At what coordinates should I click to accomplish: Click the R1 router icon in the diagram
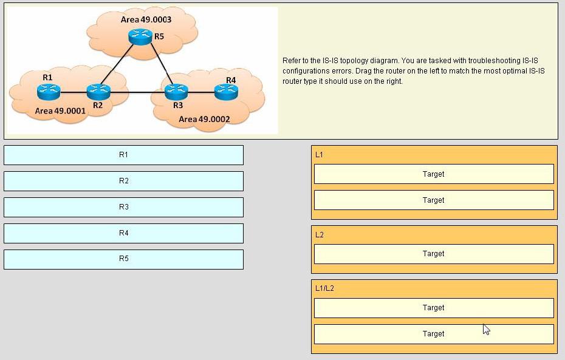(x=49, y=92)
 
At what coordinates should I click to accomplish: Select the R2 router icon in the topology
(x=98, y=92)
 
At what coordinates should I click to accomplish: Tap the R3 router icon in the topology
(x=176, y=92)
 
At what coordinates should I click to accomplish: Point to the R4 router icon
(x=226, y=92)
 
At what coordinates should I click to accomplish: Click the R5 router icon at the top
(x=140, y=37)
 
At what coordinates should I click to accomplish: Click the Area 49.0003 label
(x=146, y=19)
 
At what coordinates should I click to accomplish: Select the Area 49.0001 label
(x=60, y=111)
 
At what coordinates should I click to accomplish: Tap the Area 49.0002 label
(x=204, y=119)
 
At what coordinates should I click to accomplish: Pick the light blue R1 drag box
(x=123, y=155)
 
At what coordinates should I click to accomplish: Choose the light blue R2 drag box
(x=123, y=181)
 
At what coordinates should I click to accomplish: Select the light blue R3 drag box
(x=123, y=207)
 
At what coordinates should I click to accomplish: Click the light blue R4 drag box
(x=123, y=233)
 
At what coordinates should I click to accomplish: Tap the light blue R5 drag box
(x=123, y=259)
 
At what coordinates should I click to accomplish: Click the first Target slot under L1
(x=434, y=174)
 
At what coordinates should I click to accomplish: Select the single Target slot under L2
(x=434, y=254)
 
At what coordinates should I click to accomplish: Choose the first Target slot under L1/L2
(x=434, y=308)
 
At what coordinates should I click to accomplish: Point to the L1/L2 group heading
(x=324, y=288)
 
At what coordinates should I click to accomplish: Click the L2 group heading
(x=319, y=235)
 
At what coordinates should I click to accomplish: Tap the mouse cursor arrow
(x=486, y=329)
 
